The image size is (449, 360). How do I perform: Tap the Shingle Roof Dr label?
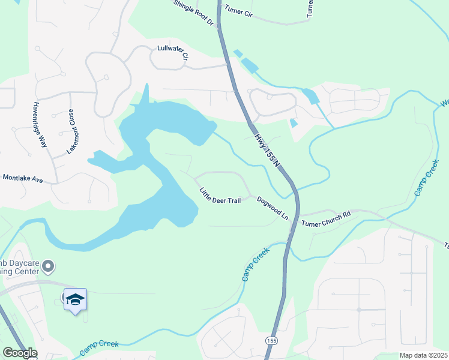(194, 13)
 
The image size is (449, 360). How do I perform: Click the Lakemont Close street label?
(71, 131)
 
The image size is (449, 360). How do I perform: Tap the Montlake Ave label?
(22, 178)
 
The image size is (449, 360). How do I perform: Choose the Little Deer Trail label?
(220, 196)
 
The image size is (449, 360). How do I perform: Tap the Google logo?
(19, 353)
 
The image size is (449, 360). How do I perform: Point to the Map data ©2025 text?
(423, 355)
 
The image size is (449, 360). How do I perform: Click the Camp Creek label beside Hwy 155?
(255, 266)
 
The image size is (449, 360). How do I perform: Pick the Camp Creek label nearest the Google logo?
(98, 345)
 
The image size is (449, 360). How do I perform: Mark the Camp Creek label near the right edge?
(425, 176)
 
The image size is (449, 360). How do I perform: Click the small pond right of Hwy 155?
(294, 123)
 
